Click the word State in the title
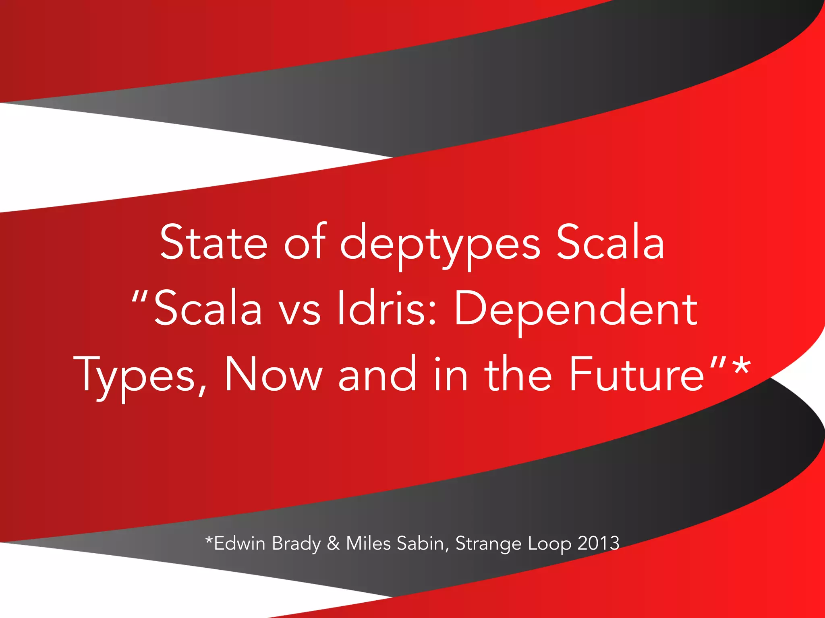tap(214, 243)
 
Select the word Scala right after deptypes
tap(610, 243)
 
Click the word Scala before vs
tap(208, 309)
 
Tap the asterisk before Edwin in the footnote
tap(209, 540)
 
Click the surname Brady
tap(296, 544)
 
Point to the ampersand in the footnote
tap(333, 543)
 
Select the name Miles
tap(368, 543)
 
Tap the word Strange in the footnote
tap(488, 544)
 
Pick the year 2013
tap(598, 543)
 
